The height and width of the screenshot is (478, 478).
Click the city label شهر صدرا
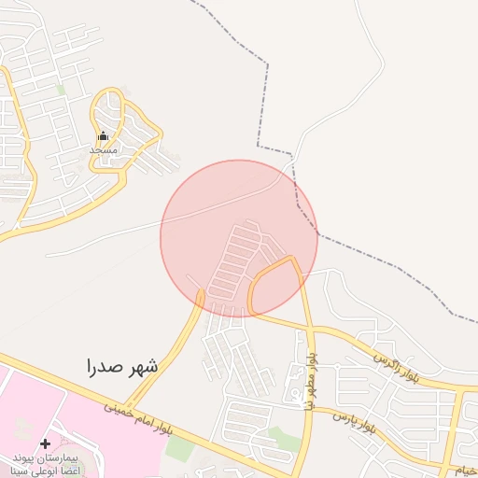(x=122, y=366)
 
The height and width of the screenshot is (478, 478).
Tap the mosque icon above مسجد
(x=103, y=136)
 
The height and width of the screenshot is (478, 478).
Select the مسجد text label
(x=103, y=149)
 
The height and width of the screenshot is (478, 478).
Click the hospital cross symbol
(x=46, y=443)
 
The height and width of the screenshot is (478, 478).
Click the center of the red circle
(x=239, y=238)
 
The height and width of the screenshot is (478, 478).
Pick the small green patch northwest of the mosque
(x=62, y=90)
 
